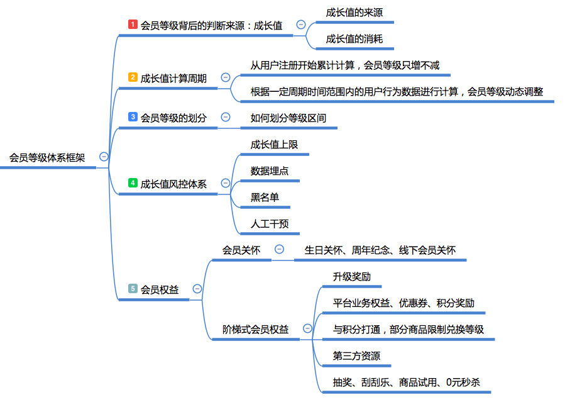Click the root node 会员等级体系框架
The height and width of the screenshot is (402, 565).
[47, 157]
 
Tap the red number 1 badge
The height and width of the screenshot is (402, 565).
[133, 25]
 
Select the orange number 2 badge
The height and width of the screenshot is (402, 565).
[133, 77]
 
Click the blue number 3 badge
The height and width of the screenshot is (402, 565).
[133, 117]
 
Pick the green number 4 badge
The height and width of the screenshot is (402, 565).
[133, 183]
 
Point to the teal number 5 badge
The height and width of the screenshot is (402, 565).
[133, 289]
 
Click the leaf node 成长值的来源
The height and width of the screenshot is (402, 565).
[354, 12]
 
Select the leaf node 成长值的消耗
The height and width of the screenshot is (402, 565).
[354, 38]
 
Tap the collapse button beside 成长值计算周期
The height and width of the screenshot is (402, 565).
[226, 77]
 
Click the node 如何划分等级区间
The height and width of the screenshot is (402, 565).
[288, 118]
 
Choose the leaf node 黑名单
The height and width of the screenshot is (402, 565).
[265, 197]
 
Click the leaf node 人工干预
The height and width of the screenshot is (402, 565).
[270, 223]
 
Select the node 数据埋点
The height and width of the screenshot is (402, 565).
[270, 170]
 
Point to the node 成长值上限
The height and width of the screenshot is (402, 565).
[274, 144]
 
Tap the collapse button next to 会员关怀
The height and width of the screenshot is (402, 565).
[279, 250]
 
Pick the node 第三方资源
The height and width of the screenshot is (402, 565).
[356, 355]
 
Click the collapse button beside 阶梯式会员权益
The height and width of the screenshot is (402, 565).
[307, 328]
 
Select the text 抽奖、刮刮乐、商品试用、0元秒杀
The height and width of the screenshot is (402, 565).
[407, 382]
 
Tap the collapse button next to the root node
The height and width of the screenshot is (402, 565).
[104, 157]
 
